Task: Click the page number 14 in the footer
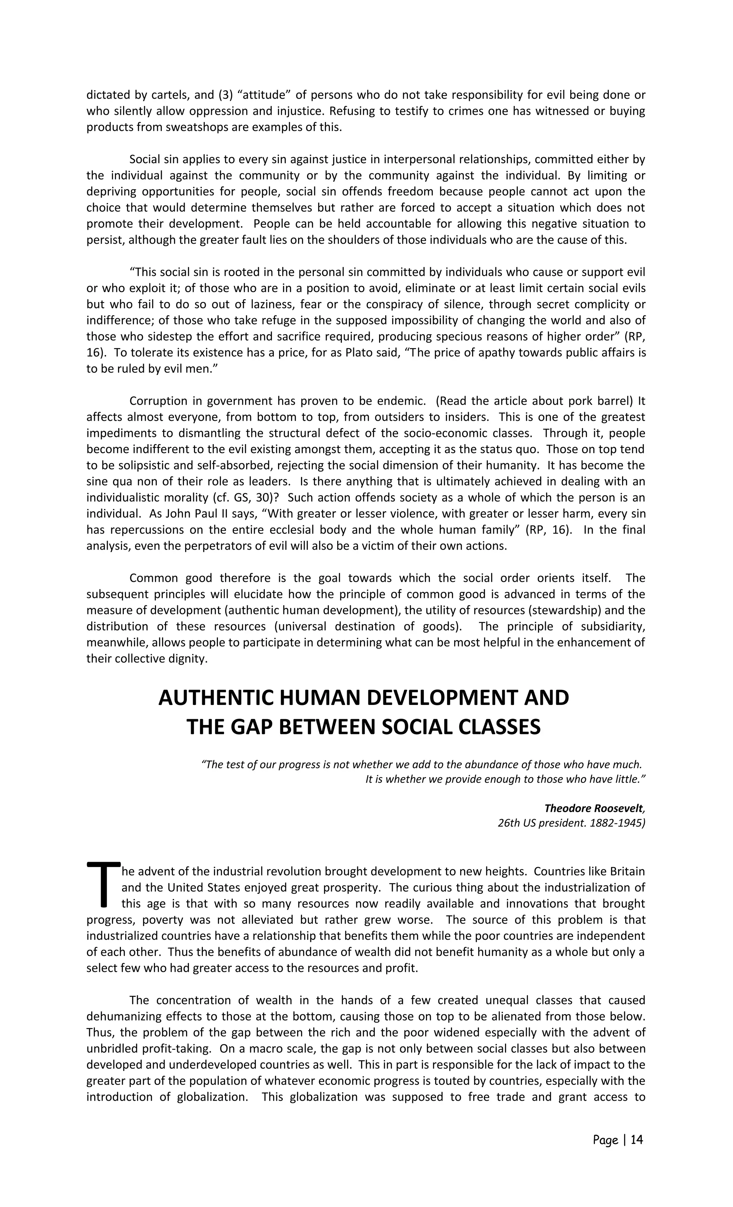click(636, 1140)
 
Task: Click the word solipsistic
click(148, 465)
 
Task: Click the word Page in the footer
click(605, 1140)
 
